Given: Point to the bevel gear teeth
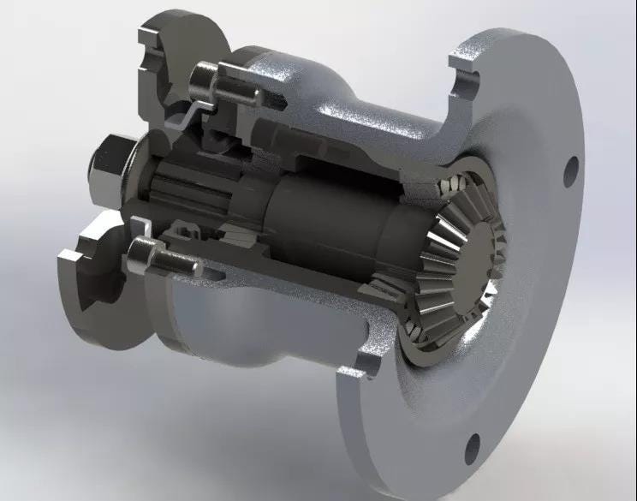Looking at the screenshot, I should (441, 257).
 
